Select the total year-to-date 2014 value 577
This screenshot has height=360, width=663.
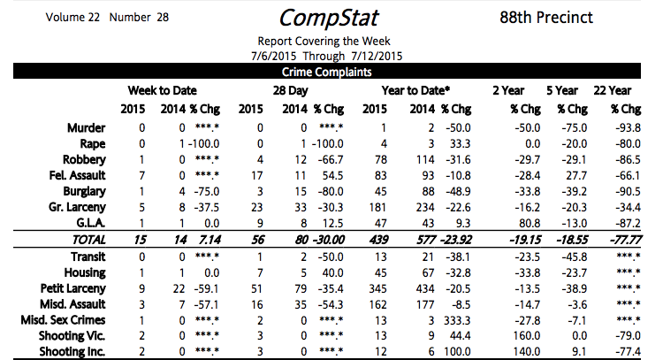[423, 240]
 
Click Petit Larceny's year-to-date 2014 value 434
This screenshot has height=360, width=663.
[423, 287]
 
